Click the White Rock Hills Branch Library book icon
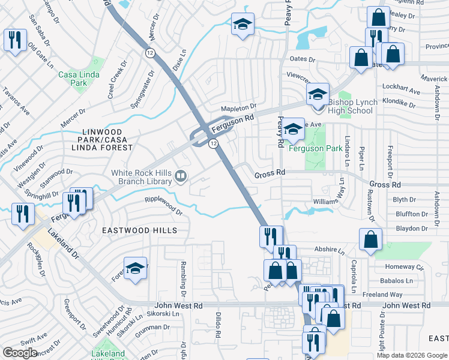[x=181, y=176]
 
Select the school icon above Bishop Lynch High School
[x=318, y=94]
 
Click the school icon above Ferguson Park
[x=293, y=128]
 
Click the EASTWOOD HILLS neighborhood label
[x=139, y=230]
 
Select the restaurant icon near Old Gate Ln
[x=14, y=40]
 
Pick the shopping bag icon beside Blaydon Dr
[x=371, y=239]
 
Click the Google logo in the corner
[x=20, y=352]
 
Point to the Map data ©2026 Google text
[x=412, y=355]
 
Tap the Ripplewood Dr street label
[x=163, y=206]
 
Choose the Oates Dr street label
[x=303, y=59]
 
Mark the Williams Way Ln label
[x=330, y=202]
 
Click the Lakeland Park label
[x=108, y=353]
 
